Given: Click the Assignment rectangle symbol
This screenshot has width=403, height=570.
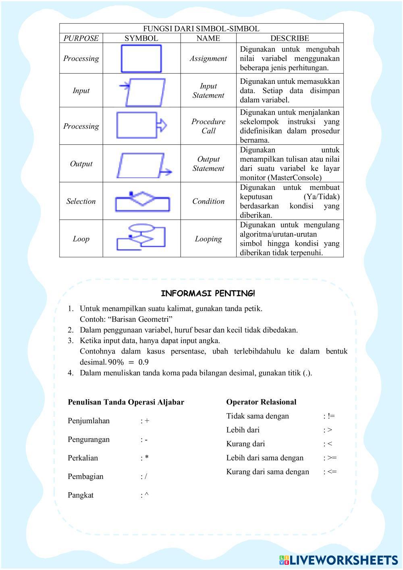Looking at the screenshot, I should (x=141, y=58).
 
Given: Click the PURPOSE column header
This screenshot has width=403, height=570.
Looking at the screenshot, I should (x=81, y=38).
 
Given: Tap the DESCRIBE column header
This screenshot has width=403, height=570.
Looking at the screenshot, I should (x=289, y=38).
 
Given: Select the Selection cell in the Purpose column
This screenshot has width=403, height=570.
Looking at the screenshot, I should (x=81, y=201).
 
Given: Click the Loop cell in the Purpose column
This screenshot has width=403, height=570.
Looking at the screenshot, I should (x=81, y=239).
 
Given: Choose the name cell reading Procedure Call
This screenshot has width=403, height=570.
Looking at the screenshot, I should (x=208, y=126).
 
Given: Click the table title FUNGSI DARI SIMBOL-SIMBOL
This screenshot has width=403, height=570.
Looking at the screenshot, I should (x=201, y=29).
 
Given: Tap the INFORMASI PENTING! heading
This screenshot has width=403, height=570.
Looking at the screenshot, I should (x=208, y=293).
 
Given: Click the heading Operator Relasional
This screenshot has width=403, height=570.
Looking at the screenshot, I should (x=261, y=402).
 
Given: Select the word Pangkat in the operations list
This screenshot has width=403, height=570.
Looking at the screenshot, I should (x=81, y=495).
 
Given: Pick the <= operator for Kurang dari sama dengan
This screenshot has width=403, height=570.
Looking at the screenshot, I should (x=332, y=472).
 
